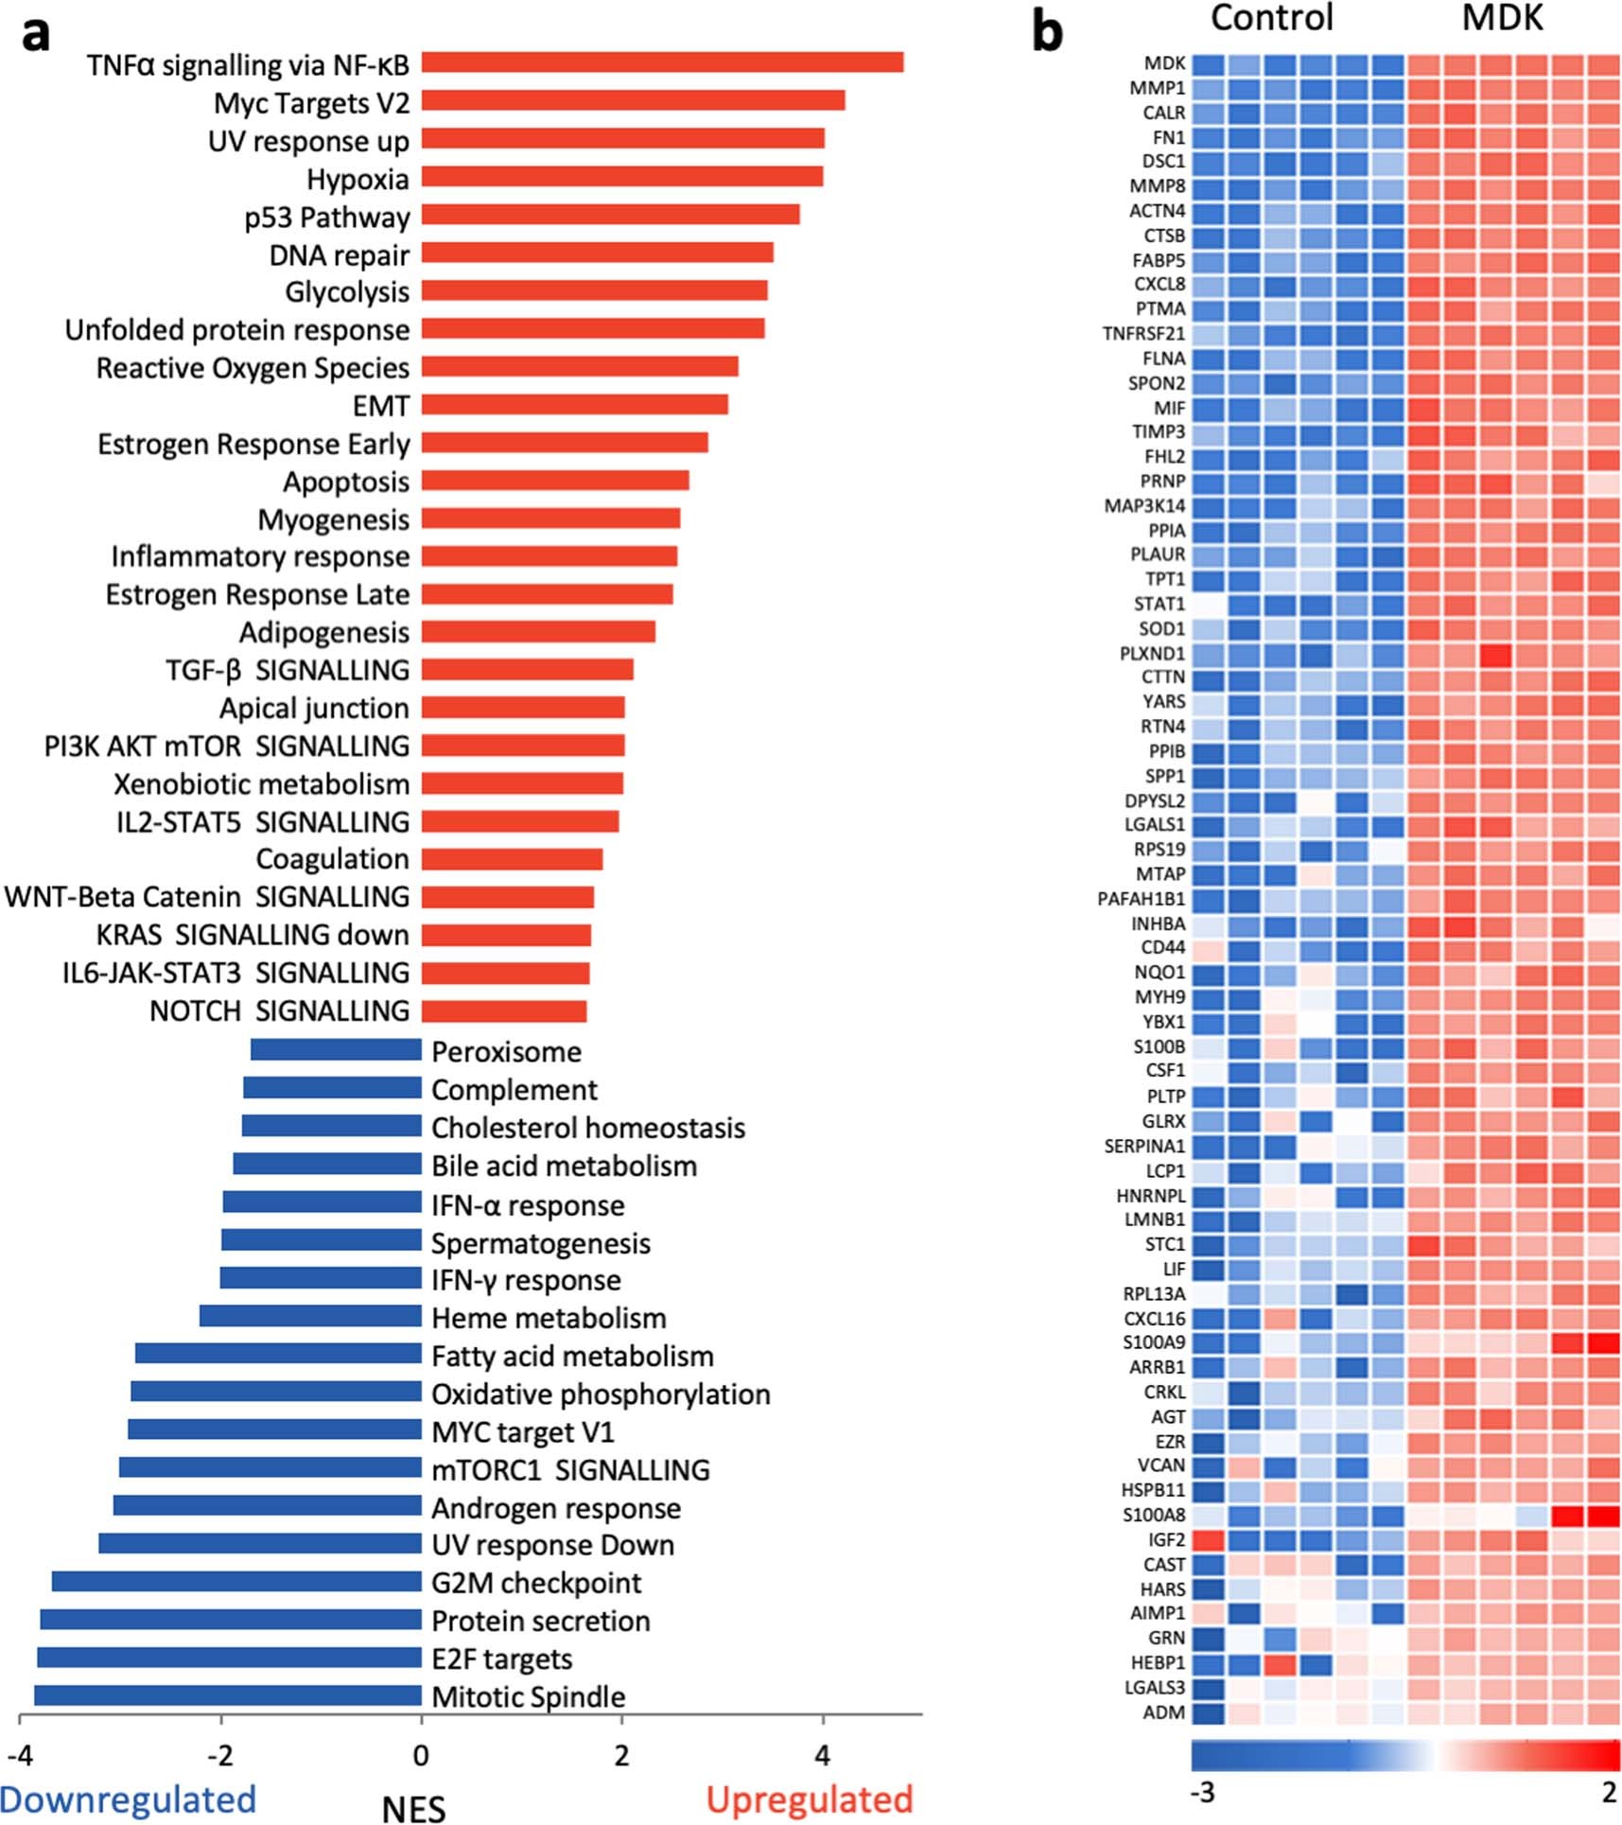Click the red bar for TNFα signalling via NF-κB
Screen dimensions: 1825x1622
tap(662, 62)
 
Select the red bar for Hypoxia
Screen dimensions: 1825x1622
tap(621, 177)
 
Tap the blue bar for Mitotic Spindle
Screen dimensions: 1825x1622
tap(228, 1695)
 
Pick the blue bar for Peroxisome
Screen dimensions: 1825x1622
tap(336, 1049)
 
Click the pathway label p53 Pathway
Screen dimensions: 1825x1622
tap(326, 218)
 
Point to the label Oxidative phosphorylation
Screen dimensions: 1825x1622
tap(601, 1394)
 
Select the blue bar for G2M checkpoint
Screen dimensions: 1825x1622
tap(236, 1582)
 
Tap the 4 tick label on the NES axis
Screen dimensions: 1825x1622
tap(822, 1756)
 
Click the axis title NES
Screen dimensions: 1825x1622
tap(413, 1807)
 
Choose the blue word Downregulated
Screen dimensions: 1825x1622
tap(128, 1799)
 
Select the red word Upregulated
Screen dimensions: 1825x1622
tap(810, 1799)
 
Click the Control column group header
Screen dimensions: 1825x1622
tap(1271, 18)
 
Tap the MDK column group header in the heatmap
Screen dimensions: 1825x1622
tap(1502, 18)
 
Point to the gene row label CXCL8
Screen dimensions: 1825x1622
tap(1159, 284)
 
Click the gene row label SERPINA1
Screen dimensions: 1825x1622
tap(1144, 1146)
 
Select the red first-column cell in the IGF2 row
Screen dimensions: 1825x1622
tap(1208, 1540)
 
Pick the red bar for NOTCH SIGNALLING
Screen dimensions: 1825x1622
tap(503, 1011)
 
